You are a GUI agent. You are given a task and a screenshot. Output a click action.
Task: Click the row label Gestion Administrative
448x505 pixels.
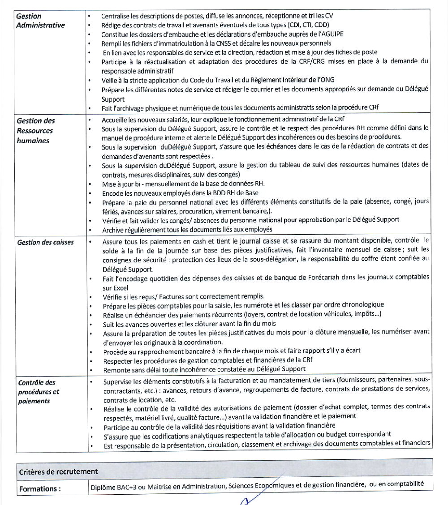point(40,21)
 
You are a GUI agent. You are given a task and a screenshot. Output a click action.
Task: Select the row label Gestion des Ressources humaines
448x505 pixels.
point(36,131)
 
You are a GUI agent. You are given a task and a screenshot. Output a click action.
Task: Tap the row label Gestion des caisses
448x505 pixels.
point(46,242)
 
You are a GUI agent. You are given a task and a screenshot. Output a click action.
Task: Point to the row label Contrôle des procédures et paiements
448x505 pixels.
point(39,392)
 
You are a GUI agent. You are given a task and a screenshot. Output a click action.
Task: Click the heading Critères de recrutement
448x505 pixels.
point(58,471)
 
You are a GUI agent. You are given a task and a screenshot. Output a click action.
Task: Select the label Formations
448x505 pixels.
point(40,489)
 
